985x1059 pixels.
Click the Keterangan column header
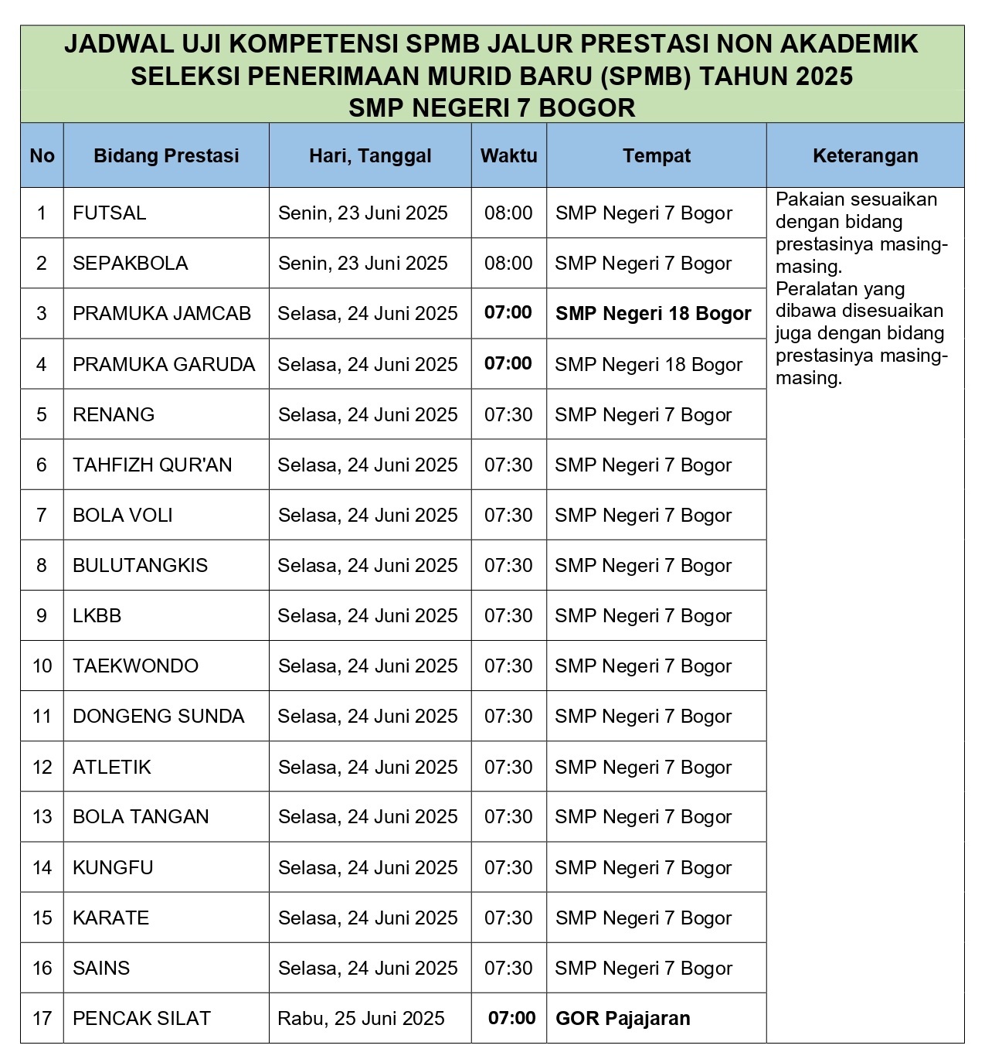(x=865, y=155)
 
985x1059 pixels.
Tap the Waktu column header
(x=508, y=155)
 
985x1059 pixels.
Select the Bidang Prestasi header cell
(x=166, y=155)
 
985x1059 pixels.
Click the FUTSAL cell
(x=109, y=213)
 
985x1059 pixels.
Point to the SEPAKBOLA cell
(x=130, y=263)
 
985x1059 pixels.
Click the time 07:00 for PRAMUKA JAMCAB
(x=508, y=313)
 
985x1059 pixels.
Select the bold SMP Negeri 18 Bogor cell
(x=653, y=313)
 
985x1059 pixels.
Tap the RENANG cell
(x=114, y=414)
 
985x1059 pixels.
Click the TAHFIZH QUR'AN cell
(x=152, y=465)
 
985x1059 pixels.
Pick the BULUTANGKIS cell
(x=140, y=565)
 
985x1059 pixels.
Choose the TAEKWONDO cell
(x=135, y=666)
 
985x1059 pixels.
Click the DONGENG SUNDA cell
(x=158, y=716)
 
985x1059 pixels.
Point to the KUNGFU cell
(x=113, y=867)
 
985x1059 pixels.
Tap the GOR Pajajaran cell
(x=623, y=1018)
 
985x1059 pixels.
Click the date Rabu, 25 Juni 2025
(x=361, y=1018)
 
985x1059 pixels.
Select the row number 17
(x=42, y=1018)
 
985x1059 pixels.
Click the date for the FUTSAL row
(x=363, y=213)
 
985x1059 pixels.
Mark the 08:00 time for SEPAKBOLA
(x=508, y=263)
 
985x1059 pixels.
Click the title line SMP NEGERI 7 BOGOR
(x=491, y=107)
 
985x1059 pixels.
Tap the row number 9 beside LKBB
(x=42, y=615)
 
